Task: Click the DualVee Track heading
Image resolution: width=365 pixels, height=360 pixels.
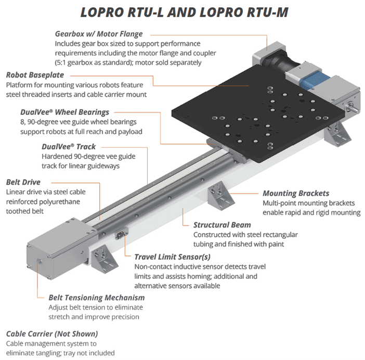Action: (x=69, y=147)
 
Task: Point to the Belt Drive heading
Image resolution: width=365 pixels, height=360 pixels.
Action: (x=23, y=183)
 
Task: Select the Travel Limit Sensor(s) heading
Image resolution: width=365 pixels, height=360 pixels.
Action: (x=172, y=256)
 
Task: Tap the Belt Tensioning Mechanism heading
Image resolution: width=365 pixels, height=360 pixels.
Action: (x=96, y=298)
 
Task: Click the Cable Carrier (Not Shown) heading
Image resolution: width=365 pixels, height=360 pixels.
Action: (x=51, y=333)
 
